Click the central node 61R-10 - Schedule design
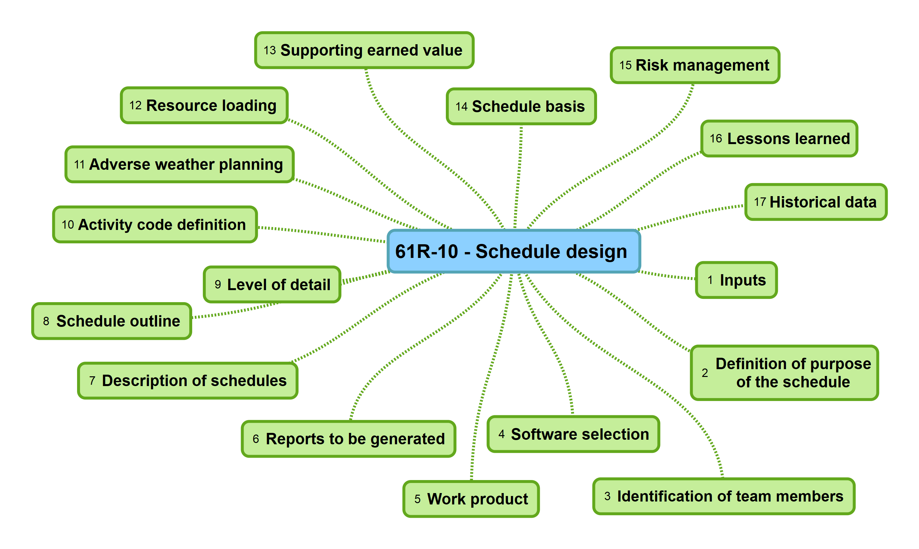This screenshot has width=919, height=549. [x=513, y=251]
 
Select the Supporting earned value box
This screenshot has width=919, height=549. [x=364, y=50]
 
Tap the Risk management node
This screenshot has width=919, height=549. [x=695, y=65]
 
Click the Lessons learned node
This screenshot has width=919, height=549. [x=779, y=139]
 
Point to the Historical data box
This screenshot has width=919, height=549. [x=816, y=202]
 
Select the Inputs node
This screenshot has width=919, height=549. [x=736, y=280]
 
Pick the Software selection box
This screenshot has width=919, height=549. [x=573, y=434]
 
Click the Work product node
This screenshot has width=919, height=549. [x=471, y=499]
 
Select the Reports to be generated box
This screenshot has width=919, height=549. [x=348, y=439]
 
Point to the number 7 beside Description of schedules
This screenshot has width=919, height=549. [x=92, y=381]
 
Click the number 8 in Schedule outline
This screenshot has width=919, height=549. [x=46, y=321]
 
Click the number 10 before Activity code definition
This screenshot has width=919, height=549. [x=68, y=224]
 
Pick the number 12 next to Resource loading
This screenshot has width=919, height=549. [x=136, y=105]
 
